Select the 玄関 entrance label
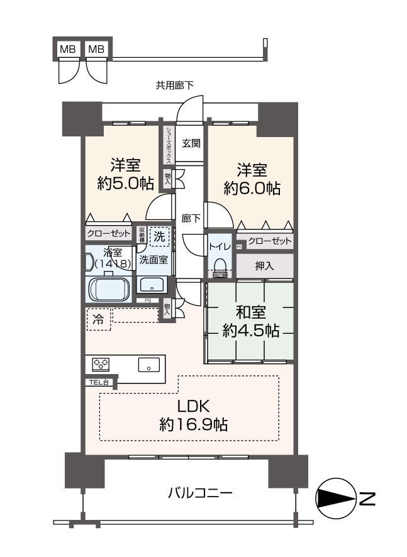coord(191,143)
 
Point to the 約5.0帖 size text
coord(126,185)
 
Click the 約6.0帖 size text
coord(252,188)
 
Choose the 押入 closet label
coord(264,266)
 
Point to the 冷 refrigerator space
coord(98,319)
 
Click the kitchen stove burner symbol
coord(101,364)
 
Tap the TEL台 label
coord(98,381)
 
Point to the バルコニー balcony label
coord(200,493)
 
